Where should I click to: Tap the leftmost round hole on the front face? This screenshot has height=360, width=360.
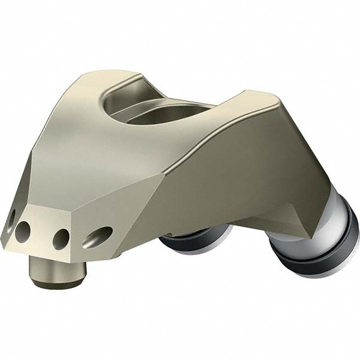tap(23, 230)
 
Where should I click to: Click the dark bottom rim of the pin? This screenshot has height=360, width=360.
tap(58, 282)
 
